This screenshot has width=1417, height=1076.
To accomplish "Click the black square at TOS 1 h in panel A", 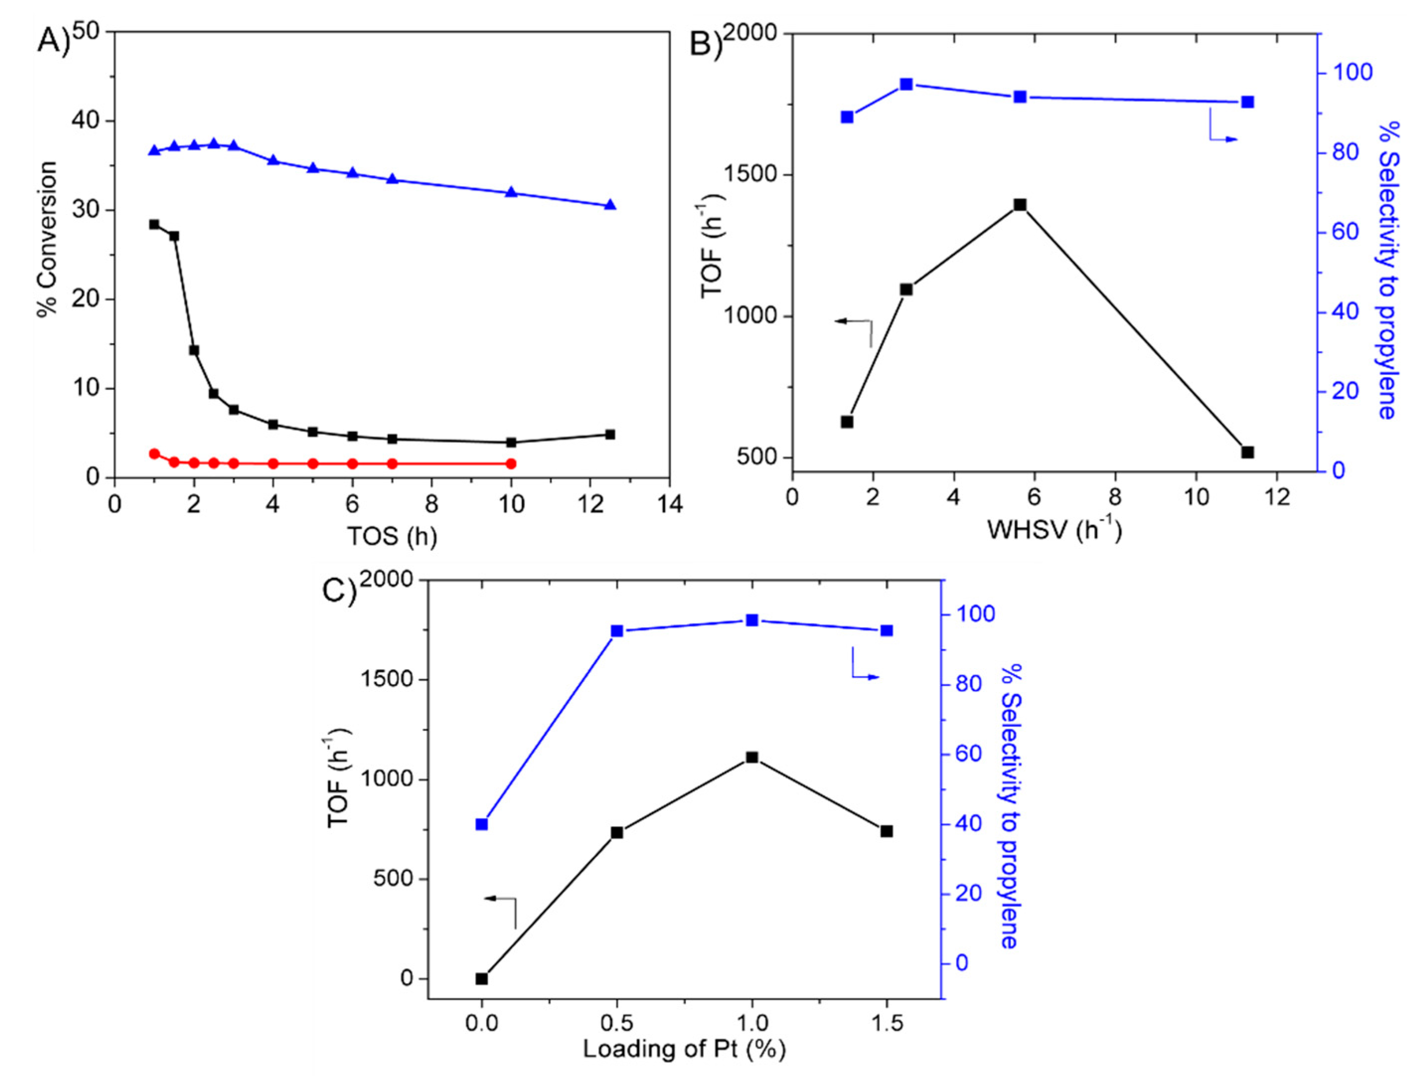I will pyautogui.click(x=154, y=224).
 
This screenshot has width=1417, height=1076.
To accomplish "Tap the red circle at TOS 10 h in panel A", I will pyautogui.click(x=511, y=463).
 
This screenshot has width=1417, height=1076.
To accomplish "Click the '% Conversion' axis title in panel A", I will pyautogui.click(x=47, y=239).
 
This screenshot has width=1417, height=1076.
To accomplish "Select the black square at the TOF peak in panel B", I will pyautogui.click(x=1020, y=204).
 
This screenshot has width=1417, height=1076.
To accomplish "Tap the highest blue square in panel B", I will pyautogui.click(x=906, y=84).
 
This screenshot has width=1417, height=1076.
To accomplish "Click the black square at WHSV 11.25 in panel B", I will pyautogui.click(x=1247, y=452).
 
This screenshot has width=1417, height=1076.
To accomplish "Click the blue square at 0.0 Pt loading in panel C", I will pyautogui.click(x=482, y=824).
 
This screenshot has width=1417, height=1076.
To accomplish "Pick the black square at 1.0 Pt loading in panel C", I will pyautogui.click(x=752, y=757).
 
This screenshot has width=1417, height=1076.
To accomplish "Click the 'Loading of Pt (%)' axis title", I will pyautogui.click(x=684, y=1049).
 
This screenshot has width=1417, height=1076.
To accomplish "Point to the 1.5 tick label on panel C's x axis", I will pyautogui.click(x=886, y=1023).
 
